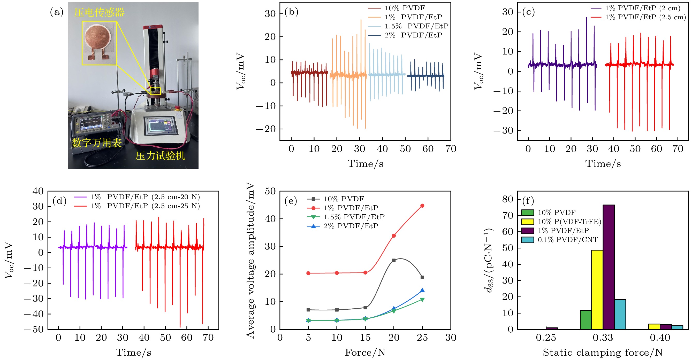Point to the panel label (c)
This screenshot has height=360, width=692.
coord(528,12)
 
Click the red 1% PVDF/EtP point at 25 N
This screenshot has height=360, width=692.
coord(422,206)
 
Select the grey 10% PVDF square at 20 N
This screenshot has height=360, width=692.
coord(394,260)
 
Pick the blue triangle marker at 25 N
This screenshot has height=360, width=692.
coord(422,290)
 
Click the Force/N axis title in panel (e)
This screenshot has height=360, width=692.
coord(365,352)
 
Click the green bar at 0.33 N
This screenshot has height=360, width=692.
coord(585,320)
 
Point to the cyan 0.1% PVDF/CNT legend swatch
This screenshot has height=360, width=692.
coord(528,240)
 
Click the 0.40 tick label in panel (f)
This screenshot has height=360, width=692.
coord(660,338)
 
